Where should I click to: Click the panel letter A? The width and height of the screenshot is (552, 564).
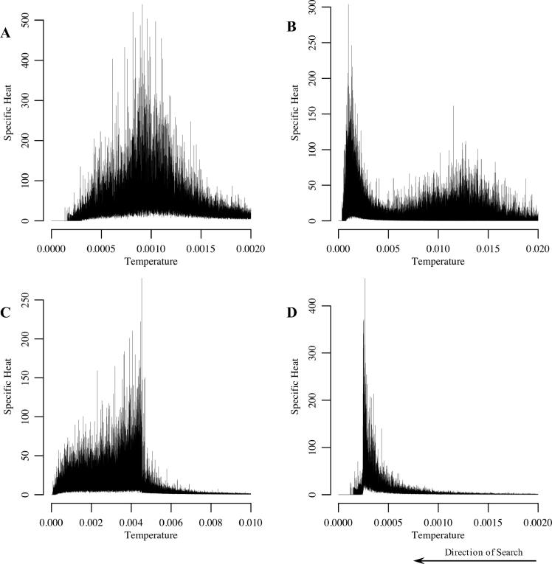6,33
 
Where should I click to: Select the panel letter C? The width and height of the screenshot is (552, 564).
6,311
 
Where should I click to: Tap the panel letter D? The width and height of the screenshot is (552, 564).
292,311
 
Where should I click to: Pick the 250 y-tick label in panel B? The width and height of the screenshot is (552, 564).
321,43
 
